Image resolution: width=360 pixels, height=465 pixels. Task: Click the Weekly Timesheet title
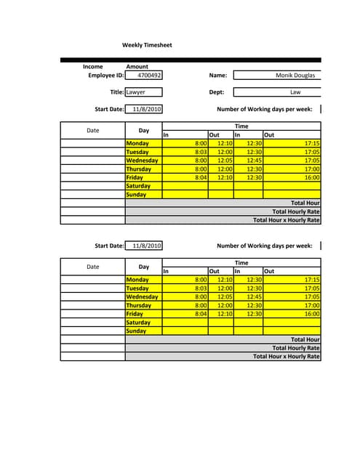click(147, 46)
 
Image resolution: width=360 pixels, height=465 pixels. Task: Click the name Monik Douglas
click(295, 75)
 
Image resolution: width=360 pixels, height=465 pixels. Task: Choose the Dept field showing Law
click(295, 92)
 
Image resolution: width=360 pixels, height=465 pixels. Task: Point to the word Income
click(93, 66)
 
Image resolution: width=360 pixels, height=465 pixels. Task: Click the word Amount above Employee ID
click(137, 66)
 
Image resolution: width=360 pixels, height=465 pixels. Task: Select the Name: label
click(218, 75)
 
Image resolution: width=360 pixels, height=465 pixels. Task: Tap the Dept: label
click(217, 92)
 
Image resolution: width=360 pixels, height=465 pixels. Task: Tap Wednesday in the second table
click(142, 296)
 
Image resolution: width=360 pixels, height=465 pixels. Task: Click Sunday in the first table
click(136, 195)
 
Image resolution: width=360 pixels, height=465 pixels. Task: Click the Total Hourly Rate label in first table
click(295, 211)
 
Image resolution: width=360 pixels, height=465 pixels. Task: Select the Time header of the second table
click(241, 263)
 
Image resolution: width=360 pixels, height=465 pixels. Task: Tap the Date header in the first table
click(93, 130)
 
